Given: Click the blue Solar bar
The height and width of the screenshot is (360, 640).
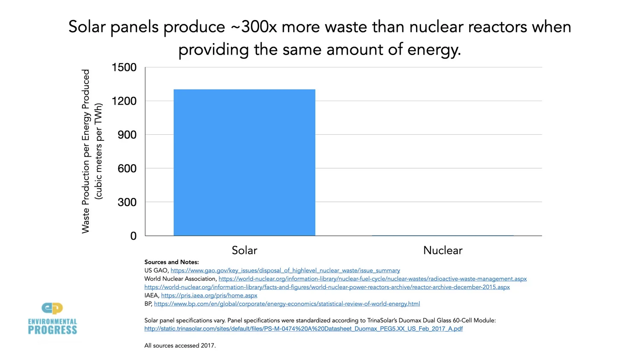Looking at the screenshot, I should click(244, 162).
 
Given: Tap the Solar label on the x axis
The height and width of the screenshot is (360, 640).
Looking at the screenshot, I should click(244, 250).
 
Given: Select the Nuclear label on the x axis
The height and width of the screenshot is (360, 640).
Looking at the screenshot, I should click(442, 250).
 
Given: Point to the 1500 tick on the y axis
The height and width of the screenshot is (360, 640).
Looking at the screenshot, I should click(124, 67).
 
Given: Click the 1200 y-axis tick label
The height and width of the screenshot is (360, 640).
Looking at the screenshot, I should click(124, 101).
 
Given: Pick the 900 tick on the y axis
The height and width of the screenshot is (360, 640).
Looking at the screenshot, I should click(127, 135).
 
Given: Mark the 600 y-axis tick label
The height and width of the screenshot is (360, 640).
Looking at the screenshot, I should click(127, 168).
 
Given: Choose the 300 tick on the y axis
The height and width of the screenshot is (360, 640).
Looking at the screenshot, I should click(127, 202).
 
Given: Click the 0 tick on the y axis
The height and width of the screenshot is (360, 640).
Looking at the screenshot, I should click(133, 236).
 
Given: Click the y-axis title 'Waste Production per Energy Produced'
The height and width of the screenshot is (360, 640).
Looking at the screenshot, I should click(86, 151).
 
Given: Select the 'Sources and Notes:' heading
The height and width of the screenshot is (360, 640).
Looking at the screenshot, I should click(172, 262).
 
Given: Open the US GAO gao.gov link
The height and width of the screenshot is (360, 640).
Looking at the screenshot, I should click(285, 270).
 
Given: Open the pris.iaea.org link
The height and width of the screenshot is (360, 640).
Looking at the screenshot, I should click(209, 296).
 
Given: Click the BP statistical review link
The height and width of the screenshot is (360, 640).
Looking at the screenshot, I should click(287, 304).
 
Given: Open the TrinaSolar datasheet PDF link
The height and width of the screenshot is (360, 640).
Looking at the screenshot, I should click(303, 329).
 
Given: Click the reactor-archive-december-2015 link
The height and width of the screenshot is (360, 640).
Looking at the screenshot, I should click(327, 287).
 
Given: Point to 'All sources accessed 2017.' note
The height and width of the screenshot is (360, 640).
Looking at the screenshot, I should click(180, 345).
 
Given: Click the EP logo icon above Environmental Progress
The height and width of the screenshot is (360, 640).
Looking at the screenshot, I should click(52, 308).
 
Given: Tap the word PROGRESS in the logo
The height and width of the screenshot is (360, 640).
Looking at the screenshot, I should click(52, 330).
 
